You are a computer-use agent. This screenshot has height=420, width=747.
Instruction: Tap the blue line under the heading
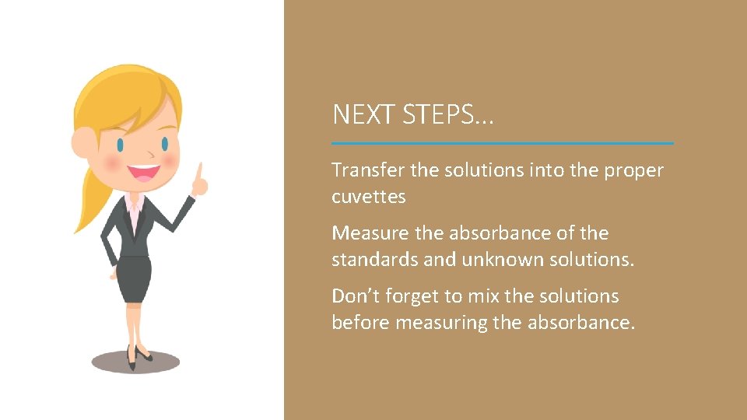502,143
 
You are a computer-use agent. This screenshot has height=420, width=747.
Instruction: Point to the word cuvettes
369,197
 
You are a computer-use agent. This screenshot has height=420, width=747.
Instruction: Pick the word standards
373,259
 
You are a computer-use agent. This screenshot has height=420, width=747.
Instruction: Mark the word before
360,322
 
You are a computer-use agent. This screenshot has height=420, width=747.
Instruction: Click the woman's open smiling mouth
144,172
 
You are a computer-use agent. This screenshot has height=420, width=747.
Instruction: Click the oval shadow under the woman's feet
135,362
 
